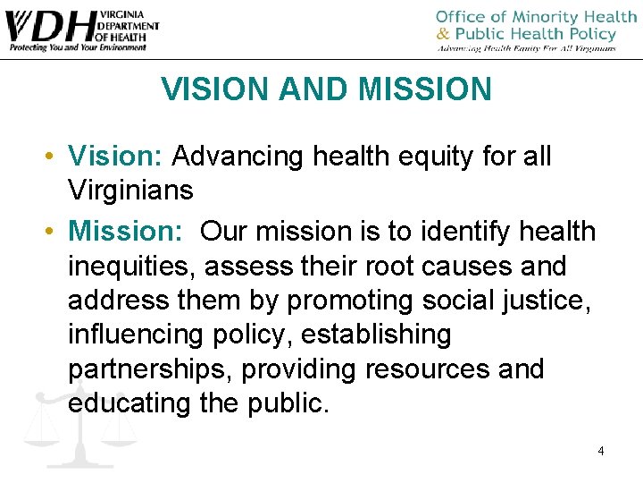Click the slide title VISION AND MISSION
[326, 89]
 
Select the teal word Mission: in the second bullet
[126, 232]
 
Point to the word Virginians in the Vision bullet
[130, 190]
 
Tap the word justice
[554, 301]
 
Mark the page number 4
[601, 451]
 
